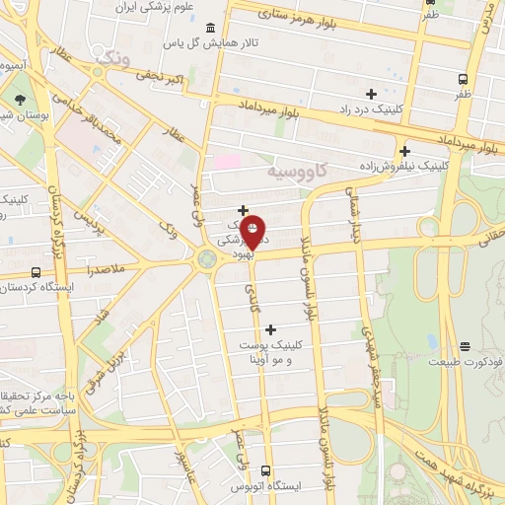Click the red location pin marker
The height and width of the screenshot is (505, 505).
pyautogui.click(x=252, y=232)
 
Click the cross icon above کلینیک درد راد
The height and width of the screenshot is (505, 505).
pyautogui.click(x=371, y=94)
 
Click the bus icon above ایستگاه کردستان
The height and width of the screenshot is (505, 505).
pyautogui.click(x=36, y=272)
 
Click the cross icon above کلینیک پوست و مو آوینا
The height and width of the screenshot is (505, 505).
pyautogui.click(x=271, y=328)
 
